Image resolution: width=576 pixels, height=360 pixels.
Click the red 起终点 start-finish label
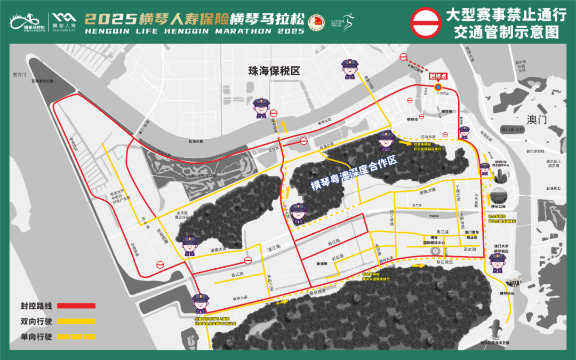(438, 76)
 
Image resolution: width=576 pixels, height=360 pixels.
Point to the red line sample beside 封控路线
(76, 306)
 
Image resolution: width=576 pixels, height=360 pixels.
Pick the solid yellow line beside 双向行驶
(76, 322)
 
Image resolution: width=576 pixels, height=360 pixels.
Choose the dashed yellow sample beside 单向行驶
(76, 337)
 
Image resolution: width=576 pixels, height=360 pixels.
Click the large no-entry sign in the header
(425, 23)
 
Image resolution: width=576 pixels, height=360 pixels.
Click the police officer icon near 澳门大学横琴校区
(498, 263)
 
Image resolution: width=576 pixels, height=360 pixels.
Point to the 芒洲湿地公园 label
(42, 81)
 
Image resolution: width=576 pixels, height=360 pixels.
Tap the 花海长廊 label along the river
(196, 142)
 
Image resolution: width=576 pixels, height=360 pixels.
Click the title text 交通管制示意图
(506, 32)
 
